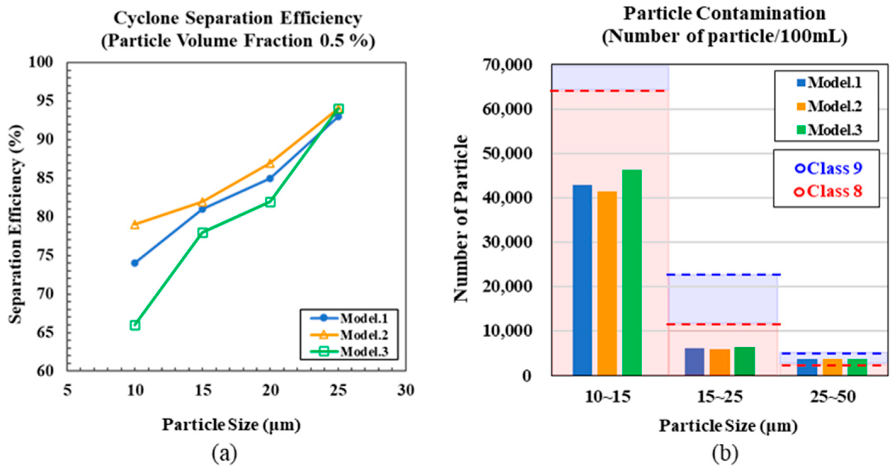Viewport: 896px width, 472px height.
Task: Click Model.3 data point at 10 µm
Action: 135,325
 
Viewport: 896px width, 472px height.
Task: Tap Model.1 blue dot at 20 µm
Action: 270,179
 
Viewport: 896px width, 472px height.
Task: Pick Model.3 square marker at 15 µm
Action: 202,233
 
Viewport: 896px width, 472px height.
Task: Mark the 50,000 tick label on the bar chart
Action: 507,153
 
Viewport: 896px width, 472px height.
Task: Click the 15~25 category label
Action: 720,396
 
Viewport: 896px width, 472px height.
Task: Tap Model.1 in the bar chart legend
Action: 830,83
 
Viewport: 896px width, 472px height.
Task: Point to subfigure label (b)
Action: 725,453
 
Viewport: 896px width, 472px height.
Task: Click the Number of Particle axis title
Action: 462,219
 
